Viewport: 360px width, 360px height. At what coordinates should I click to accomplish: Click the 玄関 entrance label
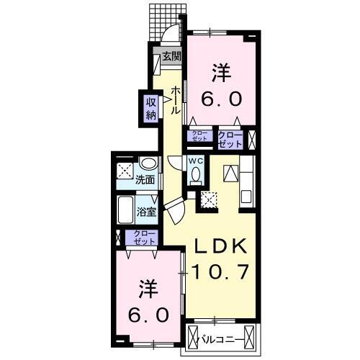pyautogui.click(x=171, y=56)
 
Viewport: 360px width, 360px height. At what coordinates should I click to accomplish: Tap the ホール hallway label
pyautogui.click(x=175, y=99)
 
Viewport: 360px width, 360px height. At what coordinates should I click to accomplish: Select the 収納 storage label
pyautogui.click(x=151, y=109)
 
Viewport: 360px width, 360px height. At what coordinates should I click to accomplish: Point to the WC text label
pyautogui.click(x=195, y=161)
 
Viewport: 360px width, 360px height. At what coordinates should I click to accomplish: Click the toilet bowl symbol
pyautogui.click(x=195, y=176)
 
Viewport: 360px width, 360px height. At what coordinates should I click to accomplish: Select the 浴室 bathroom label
pyautogui.click(x=146, y=212)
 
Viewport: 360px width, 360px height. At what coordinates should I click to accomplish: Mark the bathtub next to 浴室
pyautogui.click(x=125, y=212)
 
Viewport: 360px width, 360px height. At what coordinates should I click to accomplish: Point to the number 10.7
pyautogui.click(x=221, y=272)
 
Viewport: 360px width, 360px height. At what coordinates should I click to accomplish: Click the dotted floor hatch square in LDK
pyautogui.click(x=211, y=200)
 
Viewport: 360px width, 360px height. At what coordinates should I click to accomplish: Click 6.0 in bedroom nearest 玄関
pyautogui.click(x=221, y=99)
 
